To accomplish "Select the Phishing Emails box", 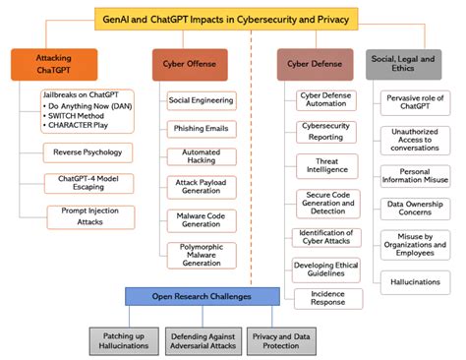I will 201,128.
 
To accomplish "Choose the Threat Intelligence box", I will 325,166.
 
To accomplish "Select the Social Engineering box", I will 201,100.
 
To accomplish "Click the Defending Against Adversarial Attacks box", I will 204,339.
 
